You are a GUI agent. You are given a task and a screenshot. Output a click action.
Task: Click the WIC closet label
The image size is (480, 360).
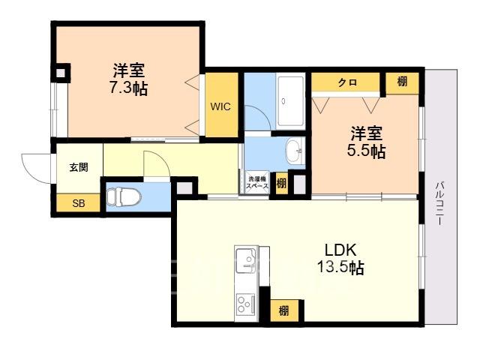(x=220, y=106)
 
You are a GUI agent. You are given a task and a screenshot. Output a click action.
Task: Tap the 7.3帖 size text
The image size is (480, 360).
(x=128, y=89)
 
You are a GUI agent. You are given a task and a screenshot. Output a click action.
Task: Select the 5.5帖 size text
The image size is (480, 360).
(x=366, y=151)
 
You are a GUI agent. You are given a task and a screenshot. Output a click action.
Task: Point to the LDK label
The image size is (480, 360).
(x=340, y=250)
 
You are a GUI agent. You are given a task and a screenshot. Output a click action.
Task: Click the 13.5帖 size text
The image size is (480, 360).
(x=340, y=267)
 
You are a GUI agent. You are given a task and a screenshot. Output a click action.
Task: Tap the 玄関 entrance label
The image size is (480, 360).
(x=79, y=167)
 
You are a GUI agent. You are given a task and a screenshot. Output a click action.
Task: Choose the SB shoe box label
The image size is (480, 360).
(x=79, y=203)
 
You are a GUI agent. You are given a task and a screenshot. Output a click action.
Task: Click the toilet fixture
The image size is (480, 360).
(x=123, y=196)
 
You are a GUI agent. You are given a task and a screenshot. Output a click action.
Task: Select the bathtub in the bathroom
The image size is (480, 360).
(x=291, y=102)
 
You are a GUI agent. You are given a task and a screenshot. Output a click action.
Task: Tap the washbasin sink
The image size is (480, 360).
(x=295, y=151)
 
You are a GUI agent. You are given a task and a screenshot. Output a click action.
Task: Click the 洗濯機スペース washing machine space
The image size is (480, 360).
(x=257, y=182)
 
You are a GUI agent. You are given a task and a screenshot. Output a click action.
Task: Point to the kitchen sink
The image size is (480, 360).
(x=247, y=260)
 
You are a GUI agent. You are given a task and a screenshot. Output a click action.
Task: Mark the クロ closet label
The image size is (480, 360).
(x=347, y=82)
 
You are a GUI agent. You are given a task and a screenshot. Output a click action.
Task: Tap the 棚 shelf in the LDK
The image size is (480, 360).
(x=283, y=310)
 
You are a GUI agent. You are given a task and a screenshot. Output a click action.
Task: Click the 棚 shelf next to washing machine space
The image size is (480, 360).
(x=282, y=183)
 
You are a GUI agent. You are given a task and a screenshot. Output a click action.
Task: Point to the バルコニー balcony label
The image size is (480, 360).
(x=439, y=203)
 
